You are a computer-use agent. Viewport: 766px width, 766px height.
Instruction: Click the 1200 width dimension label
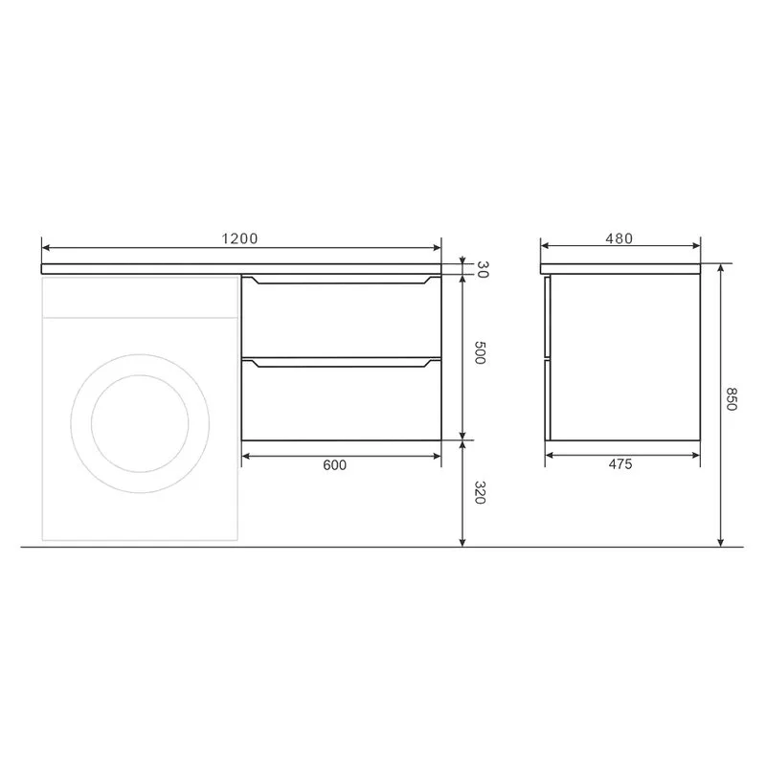[239, 238]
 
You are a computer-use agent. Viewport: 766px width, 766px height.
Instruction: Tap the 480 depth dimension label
[619, 238]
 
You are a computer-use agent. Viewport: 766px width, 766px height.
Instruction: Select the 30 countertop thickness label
[483, 270]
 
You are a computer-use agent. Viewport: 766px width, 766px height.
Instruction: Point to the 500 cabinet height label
[480, 352]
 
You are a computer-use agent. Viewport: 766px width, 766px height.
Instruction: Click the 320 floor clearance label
[480, 492]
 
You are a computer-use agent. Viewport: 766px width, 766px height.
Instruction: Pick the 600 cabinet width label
[334, 465]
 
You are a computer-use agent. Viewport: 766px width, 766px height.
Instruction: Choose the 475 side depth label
[620, 464]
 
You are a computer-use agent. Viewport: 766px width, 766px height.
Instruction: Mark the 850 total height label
[731, 398]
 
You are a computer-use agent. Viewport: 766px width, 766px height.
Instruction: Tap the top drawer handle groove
[341, 281]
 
